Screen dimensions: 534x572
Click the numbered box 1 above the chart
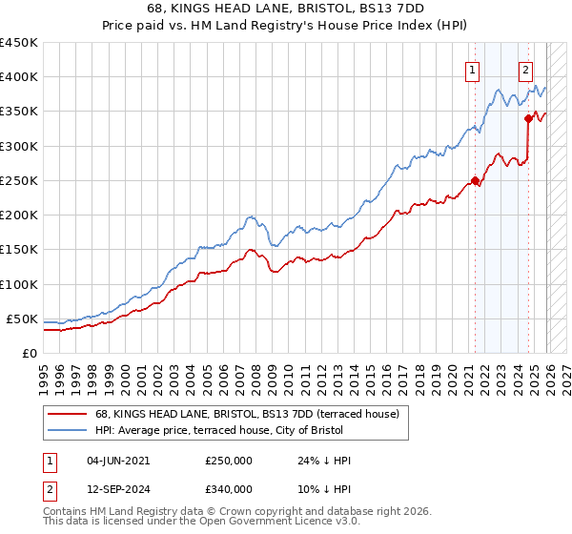[473, 69]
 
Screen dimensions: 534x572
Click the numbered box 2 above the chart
[525, 69]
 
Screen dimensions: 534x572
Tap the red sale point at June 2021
[475, 180]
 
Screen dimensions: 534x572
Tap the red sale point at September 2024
[527, 118]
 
